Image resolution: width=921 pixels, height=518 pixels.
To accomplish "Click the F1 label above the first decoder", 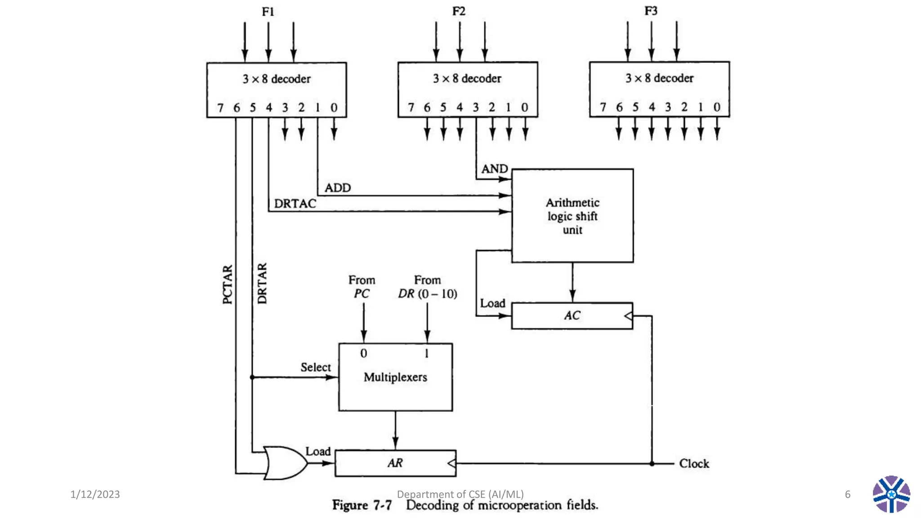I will [268, 12].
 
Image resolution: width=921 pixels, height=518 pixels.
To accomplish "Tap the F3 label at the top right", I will [651, 11].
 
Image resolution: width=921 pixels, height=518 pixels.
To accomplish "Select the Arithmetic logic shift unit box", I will [572, 216].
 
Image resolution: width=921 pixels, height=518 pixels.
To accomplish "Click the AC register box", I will [572, 316].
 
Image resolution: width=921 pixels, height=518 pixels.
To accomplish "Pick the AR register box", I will [395, 463].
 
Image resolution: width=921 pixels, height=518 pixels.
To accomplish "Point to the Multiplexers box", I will [395, 377].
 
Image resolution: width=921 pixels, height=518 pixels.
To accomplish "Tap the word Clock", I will [694, 464].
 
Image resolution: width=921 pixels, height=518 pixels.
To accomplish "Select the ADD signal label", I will [337, 188].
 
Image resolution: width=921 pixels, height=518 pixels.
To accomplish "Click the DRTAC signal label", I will [295, 204].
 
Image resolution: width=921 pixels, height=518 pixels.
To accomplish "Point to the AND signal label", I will [494, 169].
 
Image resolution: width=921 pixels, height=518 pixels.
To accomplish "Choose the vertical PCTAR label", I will [228, 285].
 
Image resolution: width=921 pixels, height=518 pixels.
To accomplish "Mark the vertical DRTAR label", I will [262, 284].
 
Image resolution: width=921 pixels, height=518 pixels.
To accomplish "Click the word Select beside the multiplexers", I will [315, 367].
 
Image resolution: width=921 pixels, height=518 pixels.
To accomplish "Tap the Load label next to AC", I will [492, 304].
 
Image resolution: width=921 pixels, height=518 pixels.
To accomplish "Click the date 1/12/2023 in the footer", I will [95, 494].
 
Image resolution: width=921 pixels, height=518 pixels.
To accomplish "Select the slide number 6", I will [847, 494].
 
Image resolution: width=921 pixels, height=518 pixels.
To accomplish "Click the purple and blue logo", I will [891, 494].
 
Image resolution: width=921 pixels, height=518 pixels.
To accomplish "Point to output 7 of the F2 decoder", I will [411, 107].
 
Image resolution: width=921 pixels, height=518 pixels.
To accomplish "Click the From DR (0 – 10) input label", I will [427, 287].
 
